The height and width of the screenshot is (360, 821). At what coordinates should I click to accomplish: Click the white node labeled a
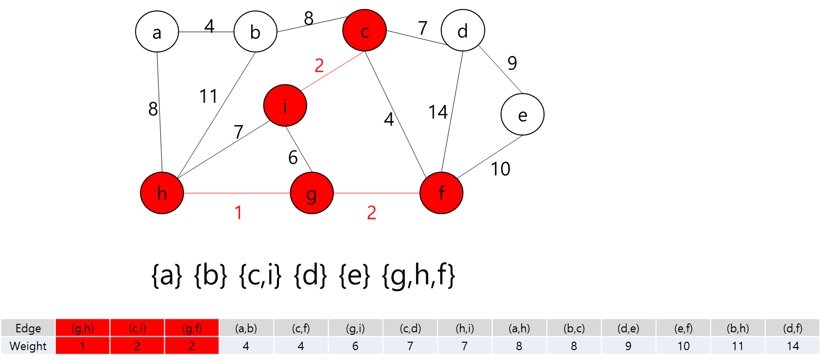pos(157,32)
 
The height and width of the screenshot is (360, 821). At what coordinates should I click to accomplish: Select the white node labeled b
pos(255,32)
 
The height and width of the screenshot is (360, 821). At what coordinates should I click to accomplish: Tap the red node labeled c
pos(365,31)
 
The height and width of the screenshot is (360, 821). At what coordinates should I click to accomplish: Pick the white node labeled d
pos(462,31)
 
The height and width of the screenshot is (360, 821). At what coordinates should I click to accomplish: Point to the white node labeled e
pos(522,114)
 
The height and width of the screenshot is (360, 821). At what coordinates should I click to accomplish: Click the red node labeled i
pos(285,105)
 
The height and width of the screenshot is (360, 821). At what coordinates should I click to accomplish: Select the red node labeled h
pos(162,193)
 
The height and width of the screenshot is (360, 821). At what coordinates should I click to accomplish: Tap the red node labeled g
pos(312,193)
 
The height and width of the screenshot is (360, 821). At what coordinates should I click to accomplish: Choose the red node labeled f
pos(441,193)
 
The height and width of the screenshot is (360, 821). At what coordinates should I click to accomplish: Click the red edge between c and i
pos(332,71)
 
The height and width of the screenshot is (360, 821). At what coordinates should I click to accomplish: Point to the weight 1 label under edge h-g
pos(238,213)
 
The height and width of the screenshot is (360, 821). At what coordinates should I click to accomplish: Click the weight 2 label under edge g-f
pos(371,213)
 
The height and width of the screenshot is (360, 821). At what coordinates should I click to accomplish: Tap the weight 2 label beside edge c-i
pos(319,65)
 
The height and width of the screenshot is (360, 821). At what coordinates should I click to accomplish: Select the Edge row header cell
pos(28,328)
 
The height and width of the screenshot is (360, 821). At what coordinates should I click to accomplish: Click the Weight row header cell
pos(28,346)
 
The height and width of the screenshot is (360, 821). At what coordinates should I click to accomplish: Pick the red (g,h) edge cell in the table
pos(83,328)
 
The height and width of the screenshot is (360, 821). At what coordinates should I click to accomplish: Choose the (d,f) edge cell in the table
pos(792,328)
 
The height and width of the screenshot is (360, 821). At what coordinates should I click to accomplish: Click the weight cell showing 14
pos(792,346)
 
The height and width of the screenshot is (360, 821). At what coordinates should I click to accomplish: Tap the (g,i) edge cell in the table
pos(356,328)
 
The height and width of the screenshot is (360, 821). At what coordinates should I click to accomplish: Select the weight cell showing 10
pos(683,346)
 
